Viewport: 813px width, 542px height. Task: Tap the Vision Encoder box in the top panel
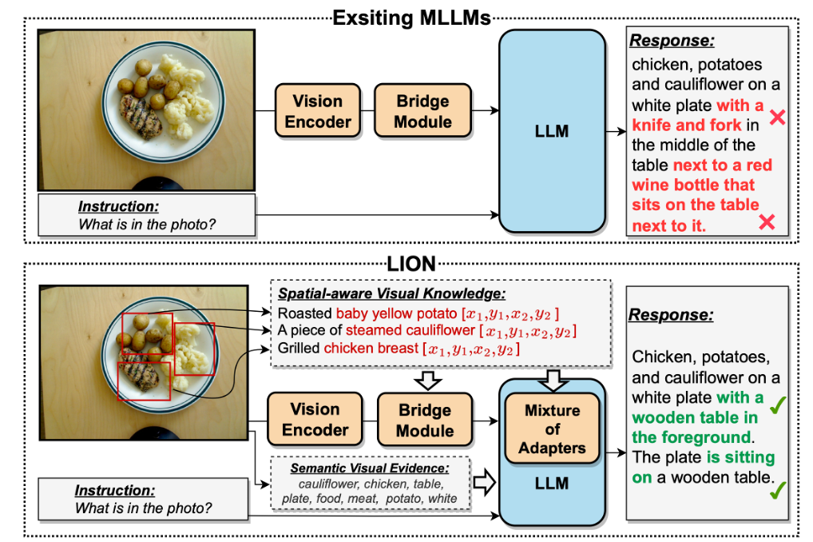(318, 111)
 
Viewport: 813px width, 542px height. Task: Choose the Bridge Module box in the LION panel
(424, 420)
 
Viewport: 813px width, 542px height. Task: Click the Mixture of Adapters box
(552, 429)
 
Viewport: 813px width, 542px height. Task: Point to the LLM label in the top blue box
(552, 131)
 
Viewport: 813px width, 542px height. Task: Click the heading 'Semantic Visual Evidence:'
(370, 468)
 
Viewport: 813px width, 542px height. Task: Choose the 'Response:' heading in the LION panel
(670, 314)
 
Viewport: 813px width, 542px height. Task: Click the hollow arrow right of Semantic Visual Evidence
(485, 481)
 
